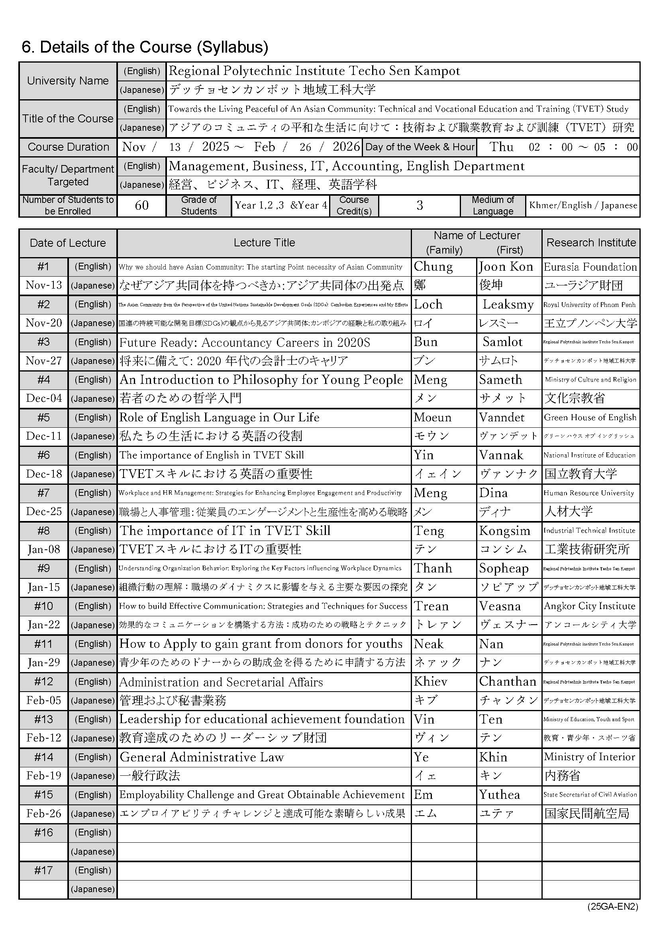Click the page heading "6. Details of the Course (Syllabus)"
(145, 47)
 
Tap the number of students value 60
(141, 205)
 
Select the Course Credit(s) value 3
(419, 205)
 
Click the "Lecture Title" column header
(264, 243)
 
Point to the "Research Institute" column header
(591, 243)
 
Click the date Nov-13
(44, 285)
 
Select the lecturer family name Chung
(433, 267)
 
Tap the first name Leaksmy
(508, 305)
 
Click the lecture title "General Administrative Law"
(202, 757)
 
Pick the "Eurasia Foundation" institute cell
(590, 267)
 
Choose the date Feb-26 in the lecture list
(44, 814)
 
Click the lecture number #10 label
(43, 606)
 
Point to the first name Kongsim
(504, 531)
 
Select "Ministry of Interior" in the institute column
(589, 757)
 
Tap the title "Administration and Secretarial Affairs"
(221, 682)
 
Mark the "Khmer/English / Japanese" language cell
(583, 205)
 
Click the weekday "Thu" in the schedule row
(502, 147)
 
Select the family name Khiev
(430, 682)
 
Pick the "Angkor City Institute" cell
(589, 606)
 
